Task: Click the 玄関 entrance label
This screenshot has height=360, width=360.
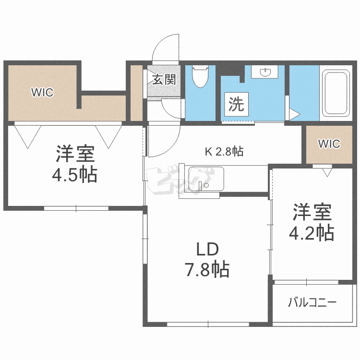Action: (x=164, y=79)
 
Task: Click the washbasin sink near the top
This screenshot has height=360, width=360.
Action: (x=265, y=72)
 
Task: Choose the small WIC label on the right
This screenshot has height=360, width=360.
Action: (x=329, y=144)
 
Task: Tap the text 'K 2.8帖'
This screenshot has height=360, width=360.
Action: (x=224, y=152)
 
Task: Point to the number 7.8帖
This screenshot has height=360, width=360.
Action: (x=207, y=270)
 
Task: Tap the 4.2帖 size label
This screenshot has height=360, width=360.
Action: (x=311, y=233)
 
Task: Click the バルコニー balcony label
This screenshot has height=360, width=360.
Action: (x=312, y=303)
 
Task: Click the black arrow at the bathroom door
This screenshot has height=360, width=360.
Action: (x=294, y=115)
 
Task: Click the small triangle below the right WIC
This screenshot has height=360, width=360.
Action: (x=328, y=171)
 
